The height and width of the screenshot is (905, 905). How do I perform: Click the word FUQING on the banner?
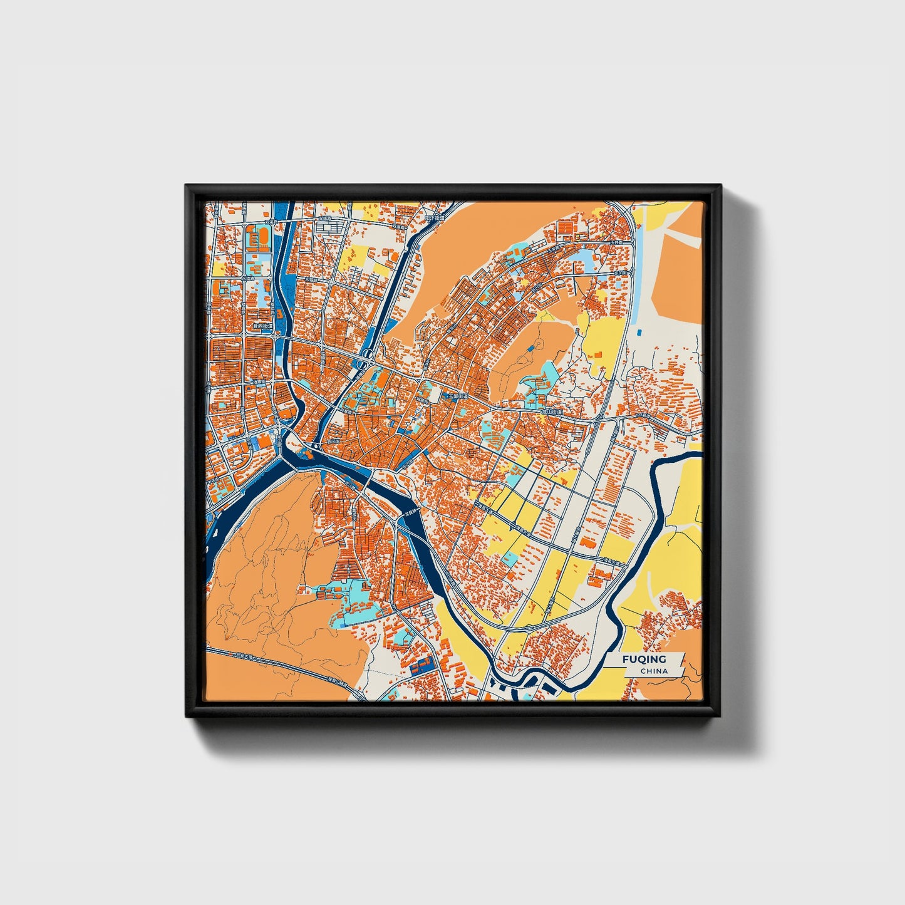pos(644,659)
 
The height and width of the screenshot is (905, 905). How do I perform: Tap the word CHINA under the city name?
pos(654,671)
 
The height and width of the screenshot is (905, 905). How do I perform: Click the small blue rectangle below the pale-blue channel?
pos(638,331)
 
